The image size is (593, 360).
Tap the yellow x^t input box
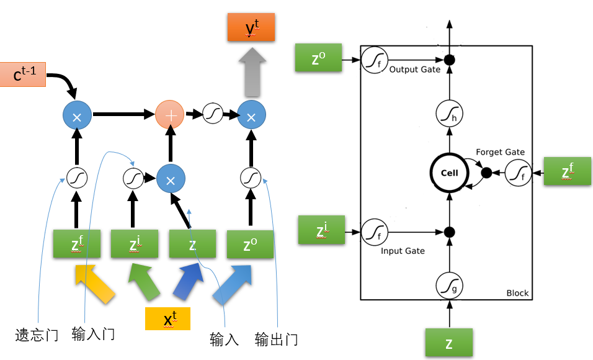click(x=167, y=318)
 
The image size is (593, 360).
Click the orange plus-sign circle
click(x=169, y=115)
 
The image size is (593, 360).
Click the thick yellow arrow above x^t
click(x=94, y=282)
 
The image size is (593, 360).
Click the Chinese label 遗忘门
click(x=37, y=335)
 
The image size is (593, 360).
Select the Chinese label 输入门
click(x=93, y=335)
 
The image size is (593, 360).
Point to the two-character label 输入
click(x=224, y=340)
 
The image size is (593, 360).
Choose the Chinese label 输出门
click(x=276, y=340)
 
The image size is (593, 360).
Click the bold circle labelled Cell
click(x=450, y=173)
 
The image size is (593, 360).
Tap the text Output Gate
click(x=414, y=70)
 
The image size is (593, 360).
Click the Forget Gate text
click(x=500, y=152)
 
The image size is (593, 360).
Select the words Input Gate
click(x=403, y=251)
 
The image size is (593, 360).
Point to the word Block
click(x=517, y=293)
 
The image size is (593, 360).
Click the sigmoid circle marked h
click(x=450, y=115)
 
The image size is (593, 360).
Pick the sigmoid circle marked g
click(x=450, y=286)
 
